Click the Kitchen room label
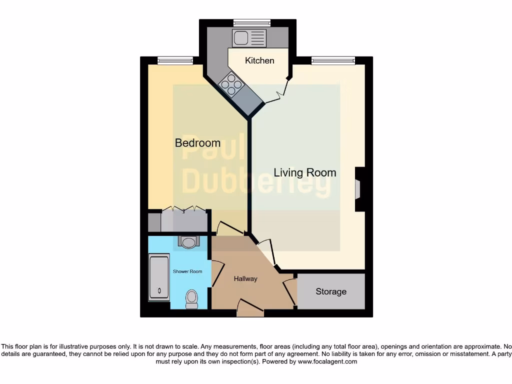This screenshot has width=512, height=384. click(x=259, y=60)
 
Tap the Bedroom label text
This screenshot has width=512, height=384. click(x=197, y=143)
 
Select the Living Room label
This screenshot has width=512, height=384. click(x=304, y=173)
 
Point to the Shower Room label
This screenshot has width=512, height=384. click(x=187, y=271)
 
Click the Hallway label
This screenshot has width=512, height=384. click(x=245, y=278)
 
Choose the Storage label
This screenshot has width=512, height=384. click(x=330, y=291)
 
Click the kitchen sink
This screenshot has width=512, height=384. click(x=249, y=37)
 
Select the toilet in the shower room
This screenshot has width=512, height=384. click(x=191, y=298)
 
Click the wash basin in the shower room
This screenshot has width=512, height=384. click(x=188, y=242)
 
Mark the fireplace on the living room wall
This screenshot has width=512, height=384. click(x=358, y=190)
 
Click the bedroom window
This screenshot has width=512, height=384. click(x=175, y=60)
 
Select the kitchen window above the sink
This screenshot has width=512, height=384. click(x=251, y=22)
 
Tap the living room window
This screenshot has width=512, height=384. click(x=333, y=60)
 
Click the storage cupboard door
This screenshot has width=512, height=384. click(x=289, y=292)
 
